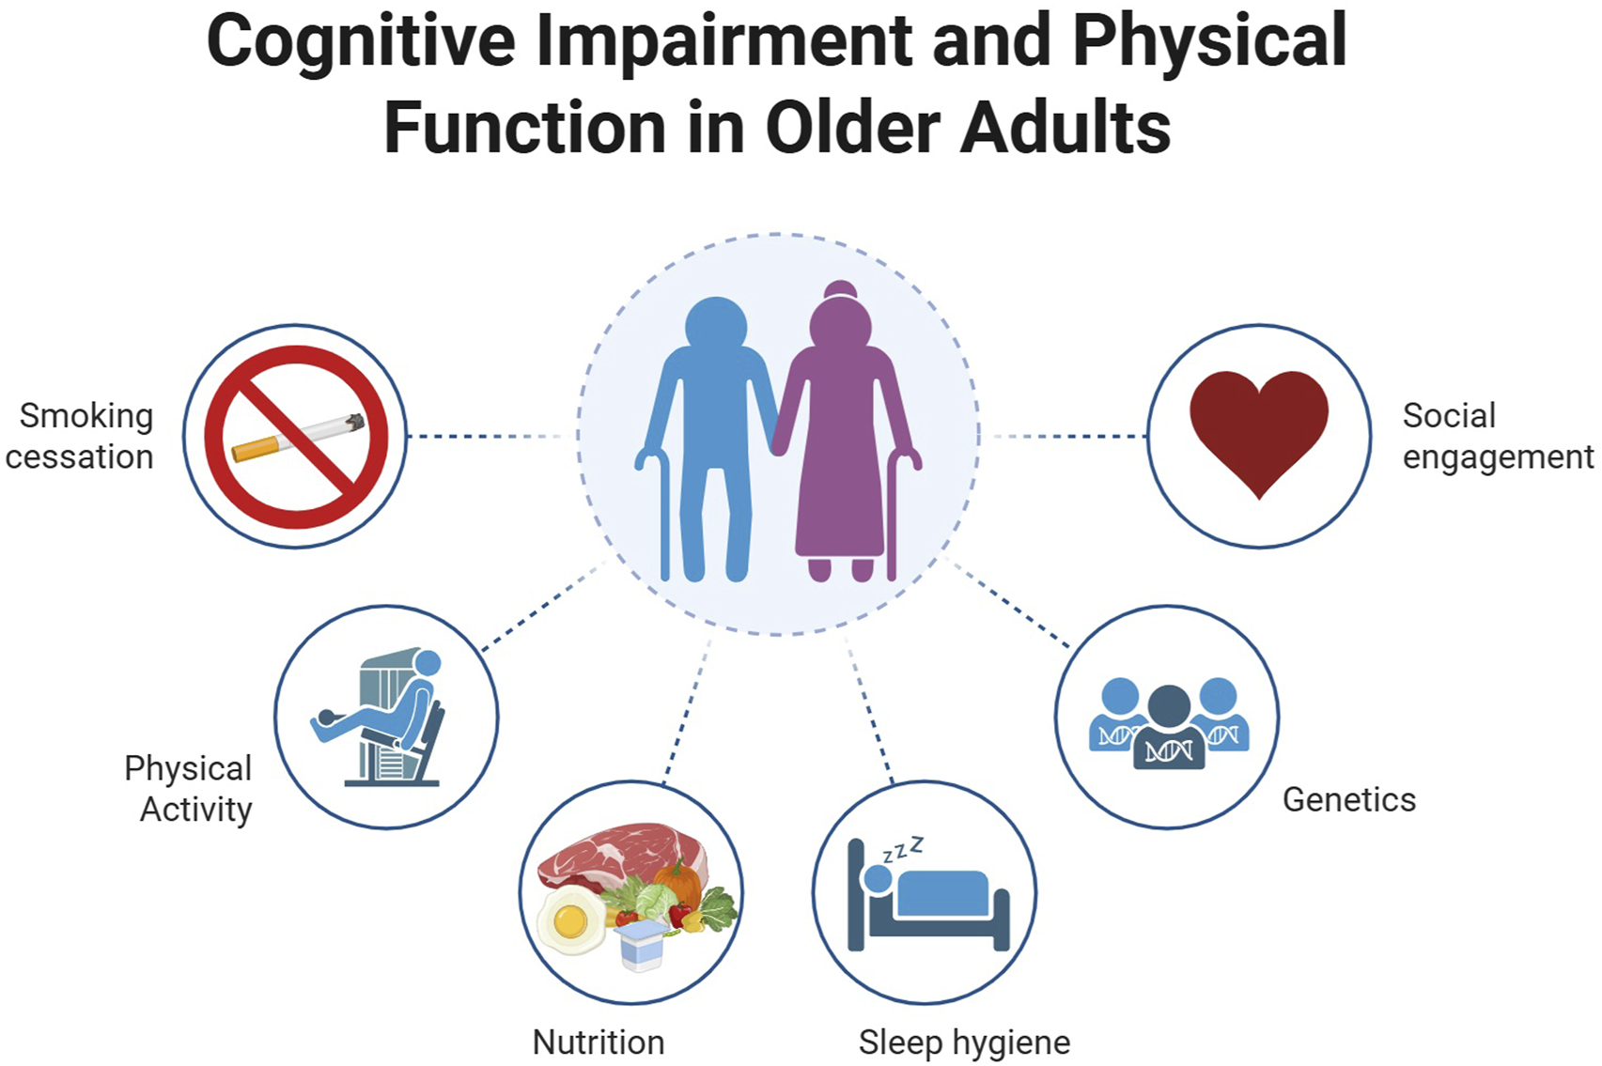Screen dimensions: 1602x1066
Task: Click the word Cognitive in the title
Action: click(360, 42)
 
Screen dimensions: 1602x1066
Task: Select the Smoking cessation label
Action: click(82, 436)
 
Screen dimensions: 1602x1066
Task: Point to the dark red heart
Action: click(1258, 427)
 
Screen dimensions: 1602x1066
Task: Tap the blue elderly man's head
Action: click(716, 324)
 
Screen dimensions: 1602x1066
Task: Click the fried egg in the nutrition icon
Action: click(570, 920)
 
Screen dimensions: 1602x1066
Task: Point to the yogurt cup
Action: click(641, 944)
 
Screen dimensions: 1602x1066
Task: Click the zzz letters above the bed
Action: click(903, 850)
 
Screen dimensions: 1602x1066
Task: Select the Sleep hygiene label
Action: click(964, 1043)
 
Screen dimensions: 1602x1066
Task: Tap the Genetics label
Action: click(1348, 800)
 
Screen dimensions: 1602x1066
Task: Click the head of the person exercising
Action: click(428, 663)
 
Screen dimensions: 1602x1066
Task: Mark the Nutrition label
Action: click(599, 1043)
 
